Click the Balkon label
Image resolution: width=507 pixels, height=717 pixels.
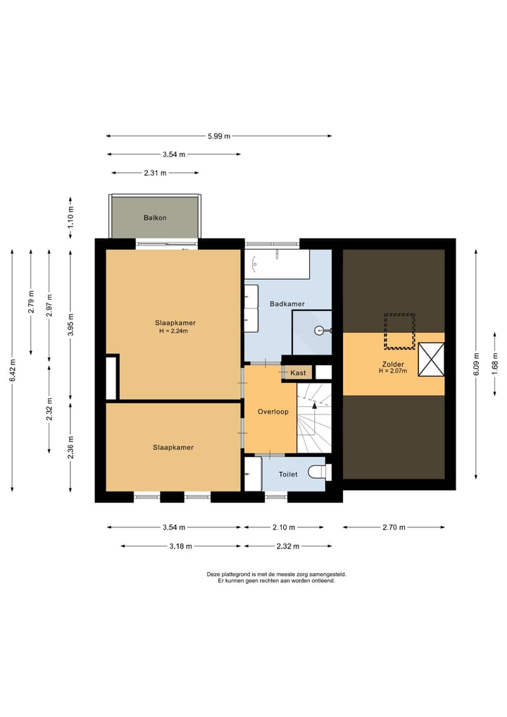[x=155, y=218]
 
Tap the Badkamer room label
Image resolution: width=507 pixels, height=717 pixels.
[x=287, y=304]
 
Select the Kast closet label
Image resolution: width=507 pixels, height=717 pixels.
[x=299, y=373]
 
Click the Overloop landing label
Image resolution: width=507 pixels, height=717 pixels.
[x=273, y=412]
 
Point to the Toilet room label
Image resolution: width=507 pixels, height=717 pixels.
[x=288, y=474]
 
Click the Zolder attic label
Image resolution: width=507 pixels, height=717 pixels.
[x=393, y=364]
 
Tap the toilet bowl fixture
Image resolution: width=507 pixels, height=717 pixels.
[x=319, y=472]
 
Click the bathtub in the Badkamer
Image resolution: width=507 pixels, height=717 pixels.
[x=277, y=264]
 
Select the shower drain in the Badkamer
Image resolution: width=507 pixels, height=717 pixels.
[x=319, y=330]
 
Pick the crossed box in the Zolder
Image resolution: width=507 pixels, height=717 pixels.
[x=431, y=360]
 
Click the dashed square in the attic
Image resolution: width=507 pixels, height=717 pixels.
[x=399, y=331]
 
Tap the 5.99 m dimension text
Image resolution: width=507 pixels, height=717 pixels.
[x=219, y=136]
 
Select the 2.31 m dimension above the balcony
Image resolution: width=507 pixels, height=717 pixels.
[x=156, y=173]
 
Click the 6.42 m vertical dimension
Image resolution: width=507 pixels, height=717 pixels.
[x=13, y=370]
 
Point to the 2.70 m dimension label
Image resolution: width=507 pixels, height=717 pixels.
[x=394, y=527]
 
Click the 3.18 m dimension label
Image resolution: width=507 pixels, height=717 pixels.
[x=180, y=546]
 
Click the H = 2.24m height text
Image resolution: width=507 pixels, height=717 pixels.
[x=173, y=331]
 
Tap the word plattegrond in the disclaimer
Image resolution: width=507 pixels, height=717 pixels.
[x=237, y=575]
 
